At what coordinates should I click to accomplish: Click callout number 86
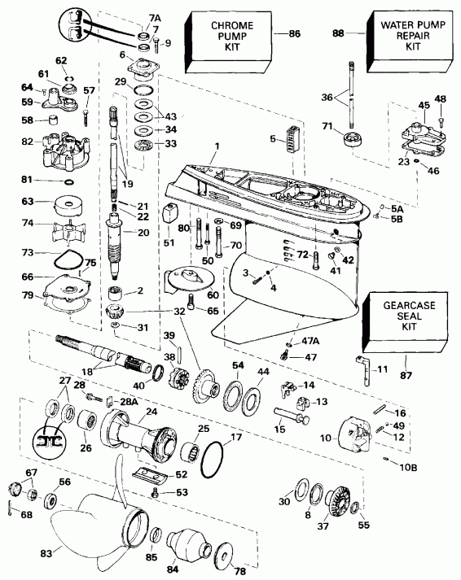294,33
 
